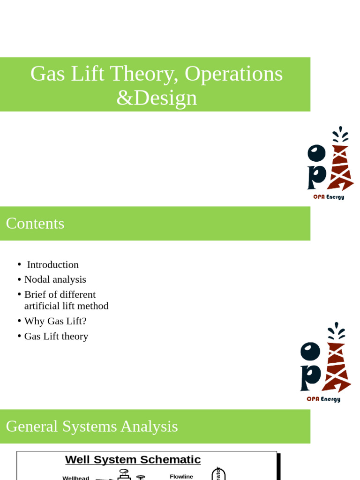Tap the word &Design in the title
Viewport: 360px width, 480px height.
(157, 98)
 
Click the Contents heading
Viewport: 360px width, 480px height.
(35, 223)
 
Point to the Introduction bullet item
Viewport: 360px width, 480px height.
(52, 265)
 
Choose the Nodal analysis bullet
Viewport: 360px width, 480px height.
(55, 279)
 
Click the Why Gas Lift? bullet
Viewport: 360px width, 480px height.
(55, 321)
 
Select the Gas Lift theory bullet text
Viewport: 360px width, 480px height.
(56, 336)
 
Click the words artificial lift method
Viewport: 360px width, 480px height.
(66, 306)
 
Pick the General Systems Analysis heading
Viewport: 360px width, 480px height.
(92, 426)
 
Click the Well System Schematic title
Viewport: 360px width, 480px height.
(133, 460)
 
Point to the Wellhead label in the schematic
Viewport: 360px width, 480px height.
(75, 478)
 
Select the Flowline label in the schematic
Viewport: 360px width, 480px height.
(181, 476)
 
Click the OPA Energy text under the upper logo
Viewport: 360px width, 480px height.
(329, 197)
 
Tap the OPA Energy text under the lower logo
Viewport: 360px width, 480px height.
(323, 399)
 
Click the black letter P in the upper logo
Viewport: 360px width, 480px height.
(316, 177)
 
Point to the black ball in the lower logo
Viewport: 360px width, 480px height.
(310, 351)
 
